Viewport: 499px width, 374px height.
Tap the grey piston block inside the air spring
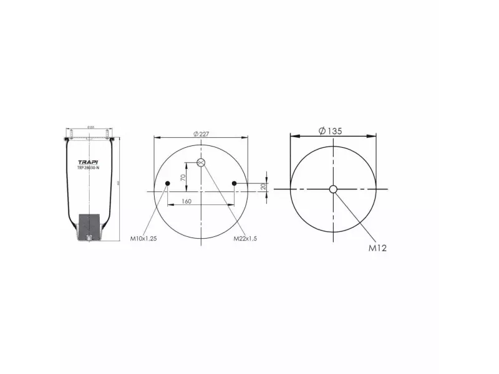click(90, 224)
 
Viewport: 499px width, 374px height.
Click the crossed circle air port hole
click(201, 163)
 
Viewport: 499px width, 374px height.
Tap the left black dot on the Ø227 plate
click(167, 183)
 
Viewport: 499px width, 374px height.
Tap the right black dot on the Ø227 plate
click(235, 183)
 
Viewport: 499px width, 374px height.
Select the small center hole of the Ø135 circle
click(334, 189)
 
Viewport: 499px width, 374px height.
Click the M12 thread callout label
click(377, 248)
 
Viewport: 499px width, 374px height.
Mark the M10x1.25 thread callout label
click(143, 239)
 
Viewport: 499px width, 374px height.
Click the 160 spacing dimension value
click(186, 201)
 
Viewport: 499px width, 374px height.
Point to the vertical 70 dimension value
click(183, 177)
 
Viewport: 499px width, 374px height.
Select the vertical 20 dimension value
click(263, 186)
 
